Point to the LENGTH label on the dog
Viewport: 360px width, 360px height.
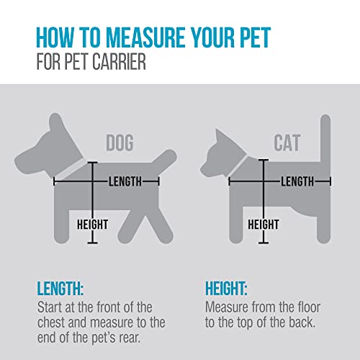125,181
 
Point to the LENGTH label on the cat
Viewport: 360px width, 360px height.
297,182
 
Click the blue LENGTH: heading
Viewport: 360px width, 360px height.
60,289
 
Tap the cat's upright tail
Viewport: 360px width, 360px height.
325,144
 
